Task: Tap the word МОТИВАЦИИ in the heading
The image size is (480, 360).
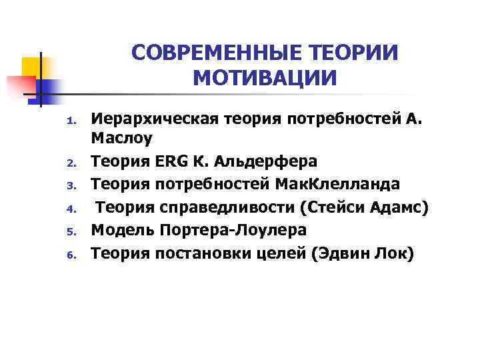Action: pos(265,79)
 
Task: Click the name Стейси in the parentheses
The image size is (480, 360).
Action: pos(333,207)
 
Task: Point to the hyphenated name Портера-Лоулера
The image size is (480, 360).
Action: pos(231,230)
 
